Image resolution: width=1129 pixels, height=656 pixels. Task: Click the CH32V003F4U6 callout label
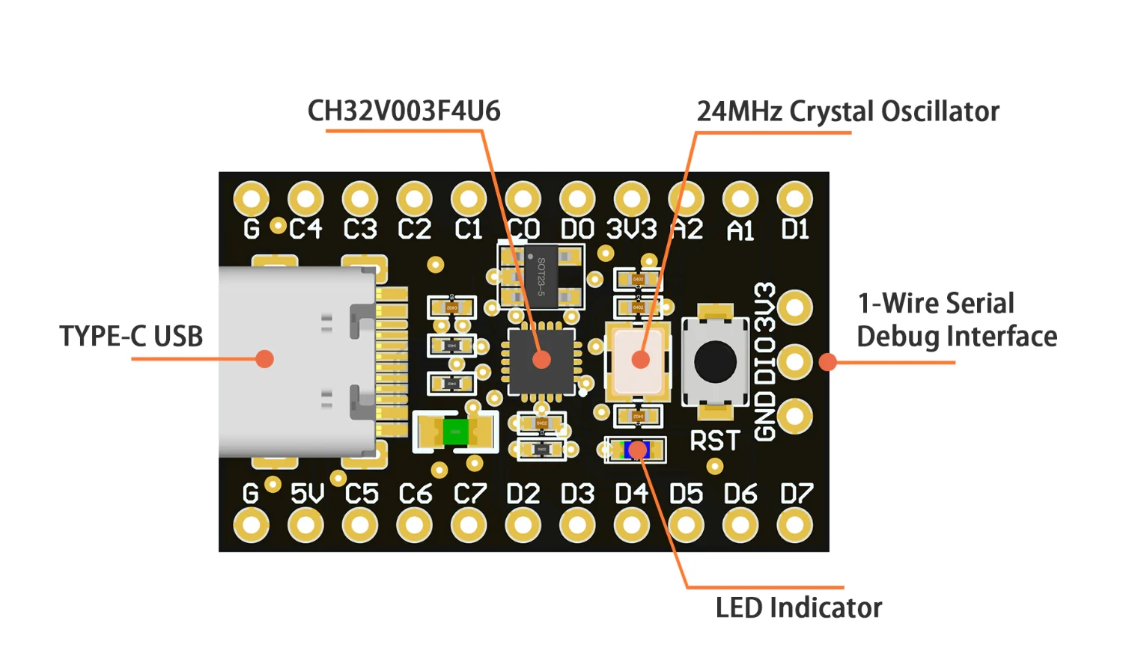404,111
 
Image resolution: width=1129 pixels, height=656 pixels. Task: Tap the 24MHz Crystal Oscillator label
847,111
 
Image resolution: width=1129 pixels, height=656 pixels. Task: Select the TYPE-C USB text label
131,337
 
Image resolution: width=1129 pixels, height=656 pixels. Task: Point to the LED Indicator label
798,607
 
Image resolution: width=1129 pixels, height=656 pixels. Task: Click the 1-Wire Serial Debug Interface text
956,320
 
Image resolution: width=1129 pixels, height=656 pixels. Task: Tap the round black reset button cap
715,361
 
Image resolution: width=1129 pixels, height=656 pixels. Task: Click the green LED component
454,432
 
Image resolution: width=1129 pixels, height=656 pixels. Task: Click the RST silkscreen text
715,441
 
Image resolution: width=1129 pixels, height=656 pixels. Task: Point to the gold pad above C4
305,200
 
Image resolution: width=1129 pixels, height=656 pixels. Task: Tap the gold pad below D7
794,526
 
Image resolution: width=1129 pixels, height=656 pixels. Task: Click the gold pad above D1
794,200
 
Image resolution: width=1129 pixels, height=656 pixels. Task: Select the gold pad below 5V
305,526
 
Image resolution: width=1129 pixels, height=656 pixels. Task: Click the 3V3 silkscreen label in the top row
631,229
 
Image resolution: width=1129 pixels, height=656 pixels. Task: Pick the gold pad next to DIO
794,362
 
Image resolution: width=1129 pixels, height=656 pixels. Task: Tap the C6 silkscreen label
416,494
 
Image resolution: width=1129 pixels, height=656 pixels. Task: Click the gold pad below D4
632,526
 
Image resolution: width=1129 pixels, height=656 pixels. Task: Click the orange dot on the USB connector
264,359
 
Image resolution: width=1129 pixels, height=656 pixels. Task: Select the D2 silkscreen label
523,494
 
